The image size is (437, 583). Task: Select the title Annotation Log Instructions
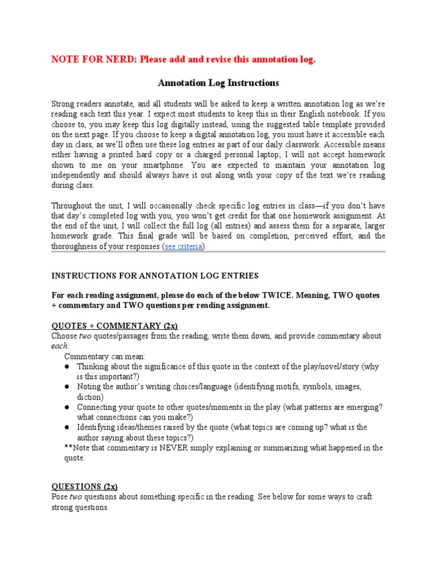(x=218, y=83)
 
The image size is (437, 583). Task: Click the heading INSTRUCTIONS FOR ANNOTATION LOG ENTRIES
(x=155, y=276)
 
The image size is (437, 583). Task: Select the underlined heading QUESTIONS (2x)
(x=84, y=486)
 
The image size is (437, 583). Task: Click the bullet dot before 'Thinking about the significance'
(x=67, y=367)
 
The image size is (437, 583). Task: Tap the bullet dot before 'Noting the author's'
(x=67, y=387)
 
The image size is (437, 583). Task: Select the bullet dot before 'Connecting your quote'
(x=67, y=407)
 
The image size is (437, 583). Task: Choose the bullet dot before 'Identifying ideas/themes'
(x=67, y=427)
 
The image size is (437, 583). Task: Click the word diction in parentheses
(x=89, y=397)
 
